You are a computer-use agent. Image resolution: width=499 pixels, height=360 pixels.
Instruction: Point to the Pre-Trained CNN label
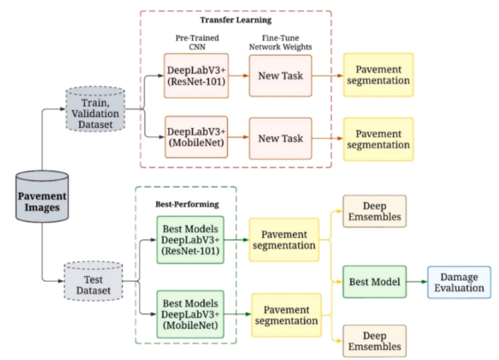pyautogui.click(x=195, y=43)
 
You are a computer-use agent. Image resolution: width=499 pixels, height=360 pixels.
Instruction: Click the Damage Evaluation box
pyautogui.click(x=459, y=283)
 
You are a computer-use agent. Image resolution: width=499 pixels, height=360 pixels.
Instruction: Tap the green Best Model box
pyautogui.click(x=372, y=283)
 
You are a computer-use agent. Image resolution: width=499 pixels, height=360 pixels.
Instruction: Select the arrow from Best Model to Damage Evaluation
pyautogui.click(x=414, y=283)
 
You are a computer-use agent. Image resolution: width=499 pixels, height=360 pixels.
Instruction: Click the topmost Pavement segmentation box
pyautogui.click(x=378, y=76)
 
